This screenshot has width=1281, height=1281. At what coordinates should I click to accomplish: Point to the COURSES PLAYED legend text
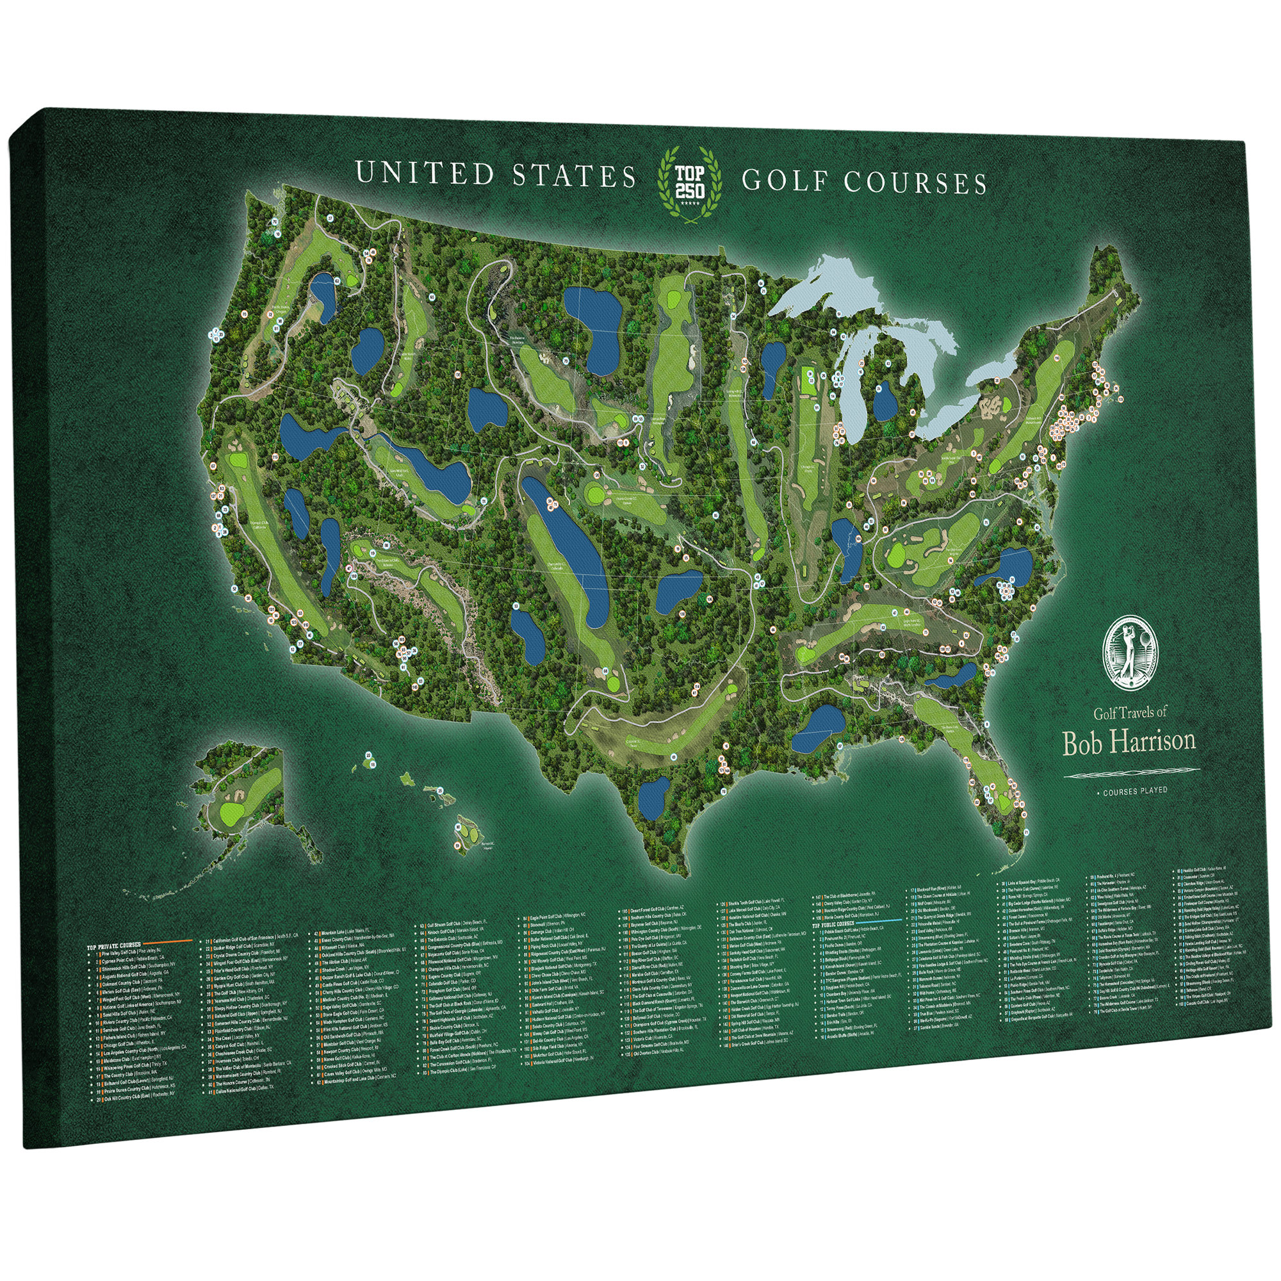coord(1134,791)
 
